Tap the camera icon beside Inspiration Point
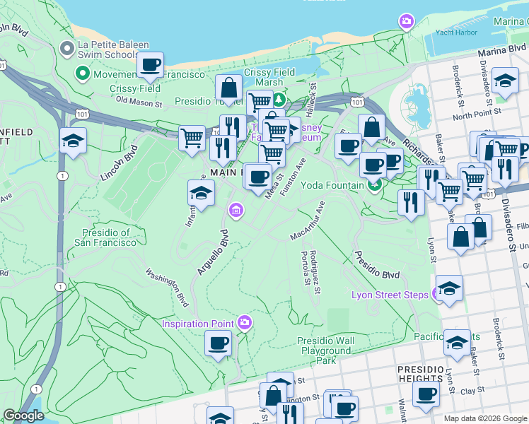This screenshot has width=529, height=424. click(x=245, y=323)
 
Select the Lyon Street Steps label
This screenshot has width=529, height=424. click(x=390, y=294)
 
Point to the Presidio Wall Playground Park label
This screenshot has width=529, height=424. click(x=326, y=350)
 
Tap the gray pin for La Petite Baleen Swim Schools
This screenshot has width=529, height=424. click(x=67, y=48)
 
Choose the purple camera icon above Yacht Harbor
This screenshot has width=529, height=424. click(x=406, y=21)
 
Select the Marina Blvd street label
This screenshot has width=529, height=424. click(x=501, y=52)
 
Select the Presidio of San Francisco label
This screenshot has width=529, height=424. click(x=105, y=237)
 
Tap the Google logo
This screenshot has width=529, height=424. click(x=24, y=416)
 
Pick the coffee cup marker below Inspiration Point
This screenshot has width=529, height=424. click(x=218, y=344)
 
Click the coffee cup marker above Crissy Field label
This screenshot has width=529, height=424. click(x=150, y=65)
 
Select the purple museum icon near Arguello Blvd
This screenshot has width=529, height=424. click(x=236, y=210)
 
